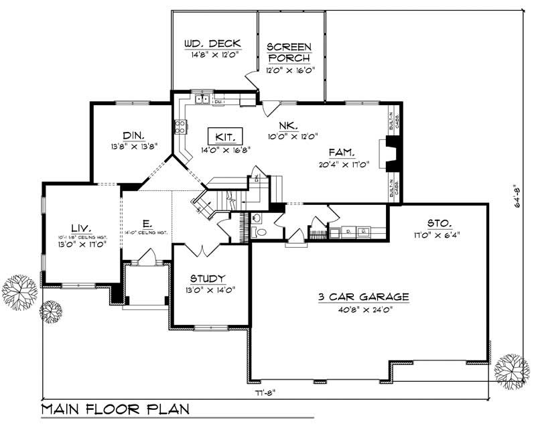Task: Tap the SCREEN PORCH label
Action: [289, 52]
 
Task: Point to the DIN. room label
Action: [134, 134]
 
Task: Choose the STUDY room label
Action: [207, 278]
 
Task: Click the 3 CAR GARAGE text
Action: [364, 297]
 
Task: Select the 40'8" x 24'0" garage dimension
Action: [364, 309]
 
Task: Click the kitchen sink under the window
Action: [202, 100]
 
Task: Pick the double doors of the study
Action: [202, 251]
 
